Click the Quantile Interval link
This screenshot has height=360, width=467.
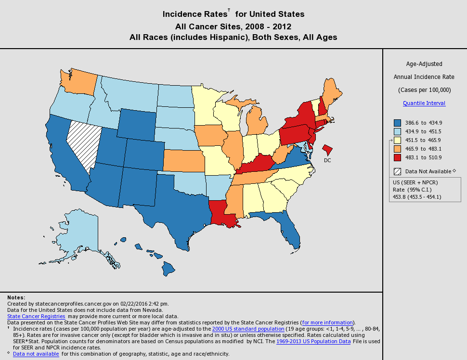(x=424, y=103)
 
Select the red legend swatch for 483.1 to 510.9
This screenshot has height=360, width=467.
(x=397, y=157)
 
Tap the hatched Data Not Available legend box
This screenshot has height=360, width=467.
(x=397, y=171)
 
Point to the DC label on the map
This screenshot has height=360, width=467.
(x=327, y=160)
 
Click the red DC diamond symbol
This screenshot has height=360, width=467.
(x=328, y=148)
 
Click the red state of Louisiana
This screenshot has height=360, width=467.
(x=221, y=212)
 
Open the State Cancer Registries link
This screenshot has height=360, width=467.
(x=36, y=316)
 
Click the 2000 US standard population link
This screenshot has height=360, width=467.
(x=248, y=329)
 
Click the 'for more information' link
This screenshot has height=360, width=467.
(x=327, y=322)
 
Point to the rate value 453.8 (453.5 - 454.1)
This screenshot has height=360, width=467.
(x=417, y=196)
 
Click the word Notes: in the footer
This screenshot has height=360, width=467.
(x=16, y=298)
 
